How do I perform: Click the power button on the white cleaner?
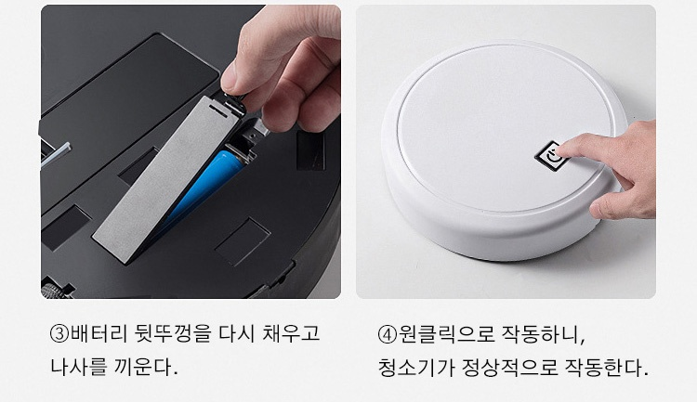(551, 156)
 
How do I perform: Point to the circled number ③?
(59, 333)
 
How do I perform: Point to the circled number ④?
(388, 334)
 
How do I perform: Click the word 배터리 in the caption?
(98, 333)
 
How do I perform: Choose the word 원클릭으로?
(446, 333)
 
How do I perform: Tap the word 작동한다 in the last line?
(606, 368)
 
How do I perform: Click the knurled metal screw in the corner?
(53, 291)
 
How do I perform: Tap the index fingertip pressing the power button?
(561, 148)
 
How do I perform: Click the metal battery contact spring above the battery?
(243, 153)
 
